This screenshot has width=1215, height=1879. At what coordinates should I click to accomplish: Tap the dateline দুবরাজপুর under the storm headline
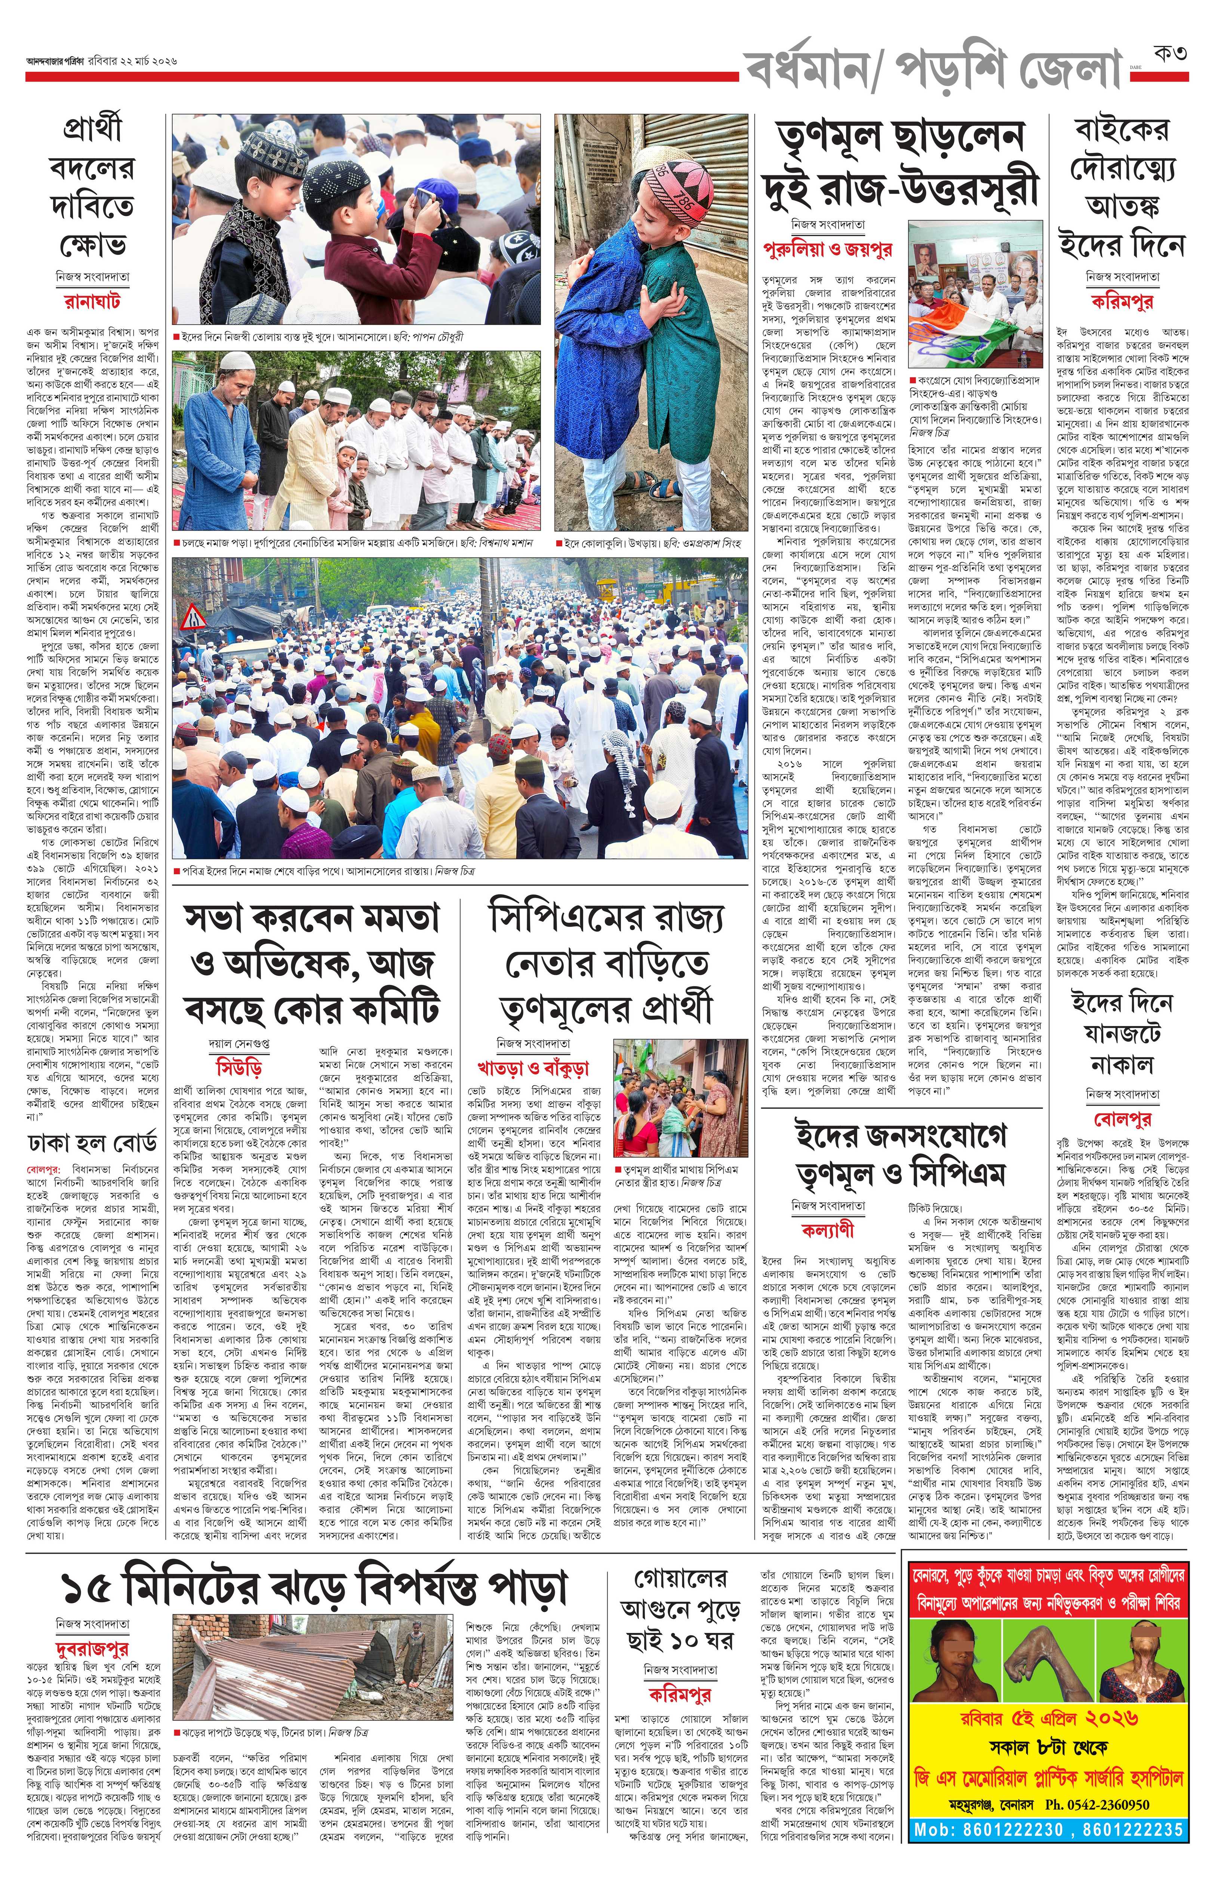pyautogui.click(x=92, y=1649)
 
